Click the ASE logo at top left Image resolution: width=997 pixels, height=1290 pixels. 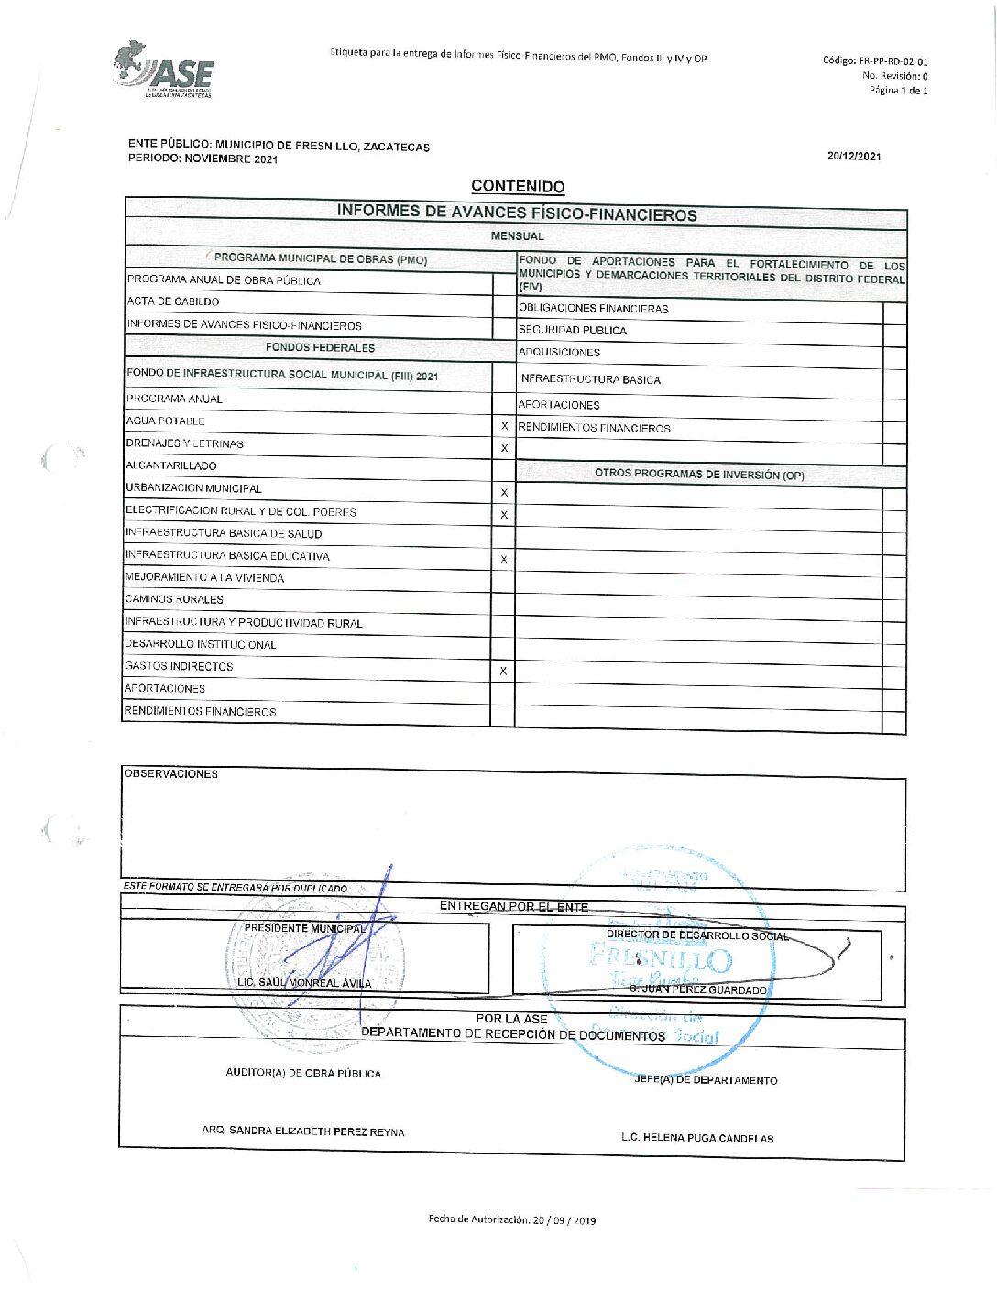(x=165, y=71)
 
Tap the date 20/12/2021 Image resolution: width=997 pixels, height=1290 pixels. (x=853, y=156)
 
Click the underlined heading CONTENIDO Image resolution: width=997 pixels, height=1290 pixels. (x=518, y=186)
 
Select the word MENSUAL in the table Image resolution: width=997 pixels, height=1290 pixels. (x=517, y=236)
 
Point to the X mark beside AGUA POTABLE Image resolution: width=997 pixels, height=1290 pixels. (x=504, y=426)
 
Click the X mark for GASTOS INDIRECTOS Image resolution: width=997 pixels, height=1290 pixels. (x=503, y=672)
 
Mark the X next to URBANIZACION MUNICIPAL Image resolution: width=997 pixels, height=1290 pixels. (x=504, y=493)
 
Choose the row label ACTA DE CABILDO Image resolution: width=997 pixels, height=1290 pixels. (x=173, y=301)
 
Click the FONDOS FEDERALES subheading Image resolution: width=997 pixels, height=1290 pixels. (x=320, y=348)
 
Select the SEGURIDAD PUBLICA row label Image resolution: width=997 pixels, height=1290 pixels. (x=573, y=331)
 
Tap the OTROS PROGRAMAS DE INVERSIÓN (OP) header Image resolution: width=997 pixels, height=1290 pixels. (x=699, y=475)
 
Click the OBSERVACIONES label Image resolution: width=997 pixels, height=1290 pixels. (x=171, y=774)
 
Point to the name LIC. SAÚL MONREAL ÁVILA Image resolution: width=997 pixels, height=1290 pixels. (x=304, y=983)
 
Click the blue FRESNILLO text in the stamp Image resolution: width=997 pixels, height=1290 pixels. (x=662, y=959)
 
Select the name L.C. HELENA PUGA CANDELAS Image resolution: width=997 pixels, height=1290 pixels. (x=696, y=1138)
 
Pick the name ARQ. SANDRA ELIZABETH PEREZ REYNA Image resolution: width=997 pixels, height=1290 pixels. (x=303, y=1131)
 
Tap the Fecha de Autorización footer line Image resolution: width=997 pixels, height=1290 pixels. (x=511, y=1219)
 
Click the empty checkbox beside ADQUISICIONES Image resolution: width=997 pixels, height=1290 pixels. (x=894, y=353)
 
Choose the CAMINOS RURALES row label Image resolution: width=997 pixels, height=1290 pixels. (x=174, y=600)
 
